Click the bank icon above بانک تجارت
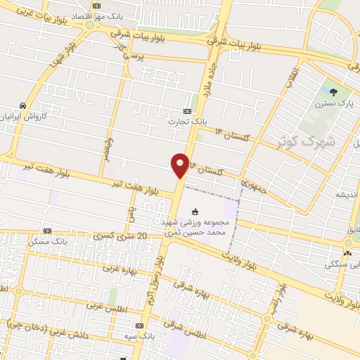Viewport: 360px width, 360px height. (x=187, y=110)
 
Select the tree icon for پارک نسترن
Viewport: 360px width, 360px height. (x=334, y=91)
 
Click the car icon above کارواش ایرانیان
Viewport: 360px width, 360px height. (x=23, y=105)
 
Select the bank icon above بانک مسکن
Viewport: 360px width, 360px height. (x=47, y=231)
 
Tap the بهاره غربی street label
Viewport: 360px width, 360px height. (x=119, y=268)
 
